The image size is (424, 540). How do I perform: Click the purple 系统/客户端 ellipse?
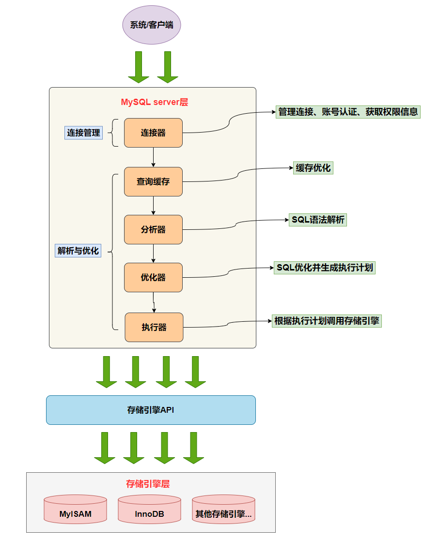[x=152, y=25]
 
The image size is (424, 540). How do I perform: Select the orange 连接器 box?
[x=153, y=133]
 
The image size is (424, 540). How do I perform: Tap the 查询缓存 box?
[x=153, y=181]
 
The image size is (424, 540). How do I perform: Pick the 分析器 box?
[x=153, y=229]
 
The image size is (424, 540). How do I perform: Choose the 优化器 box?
[x=153, y=277]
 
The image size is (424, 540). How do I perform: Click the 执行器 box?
[x=154, y=327]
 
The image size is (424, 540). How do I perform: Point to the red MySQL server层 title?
[x=154, y=102]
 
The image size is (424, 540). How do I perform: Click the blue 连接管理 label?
[x=83, y=133]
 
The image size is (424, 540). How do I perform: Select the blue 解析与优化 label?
[x=78, y=251]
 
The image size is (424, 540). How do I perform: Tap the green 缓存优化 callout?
[x=314, y=168]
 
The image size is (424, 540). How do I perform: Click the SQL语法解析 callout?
[x=318, y=220]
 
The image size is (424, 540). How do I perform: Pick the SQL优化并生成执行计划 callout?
[x=325, y=268]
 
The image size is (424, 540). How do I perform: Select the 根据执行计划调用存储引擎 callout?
[x=327, y=320]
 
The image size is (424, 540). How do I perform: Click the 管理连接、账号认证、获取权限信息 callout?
[x=348, y=112]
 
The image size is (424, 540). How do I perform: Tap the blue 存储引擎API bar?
[x=151, y=410]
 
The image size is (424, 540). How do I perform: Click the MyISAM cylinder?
[x=75, y=513]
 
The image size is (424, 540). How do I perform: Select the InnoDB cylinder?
[x=149, y=513]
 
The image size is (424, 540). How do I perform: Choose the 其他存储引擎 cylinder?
[x=223, y=513]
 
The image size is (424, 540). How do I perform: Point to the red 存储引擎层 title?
[x=148, y=483]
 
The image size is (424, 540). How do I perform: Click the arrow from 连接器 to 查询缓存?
[x=153, y=157]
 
